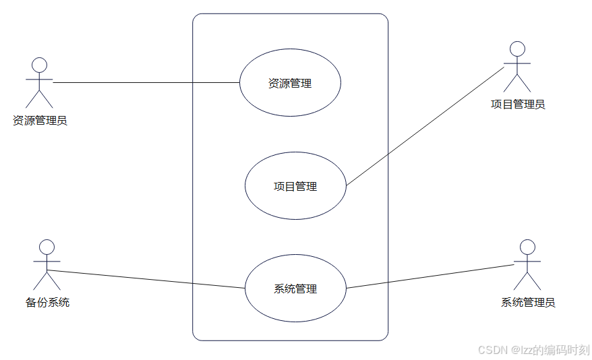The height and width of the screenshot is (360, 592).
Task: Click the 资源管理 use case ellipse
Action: click(x=290, y=84)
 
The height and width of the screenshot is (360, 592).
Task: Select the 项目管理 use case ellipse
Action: click(x=295, y=186)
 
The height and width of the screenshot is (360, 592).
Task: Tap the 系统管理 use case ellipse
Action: click(x=295, y=289)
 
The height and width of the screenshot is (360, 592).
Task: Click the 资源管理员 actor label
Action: click(x=40, y=121)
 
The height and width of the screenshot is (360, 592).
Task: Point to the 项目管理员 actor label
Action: click(x=518, y=104)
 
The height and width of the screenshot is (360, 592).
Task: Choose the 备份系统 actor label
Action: click(x=47, y=302)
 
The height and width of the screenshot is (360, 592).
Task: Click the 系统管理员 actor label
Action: click(x=528, y=303)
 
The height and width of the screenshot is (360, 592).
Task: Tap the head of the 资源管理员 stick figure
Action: click(x=40, y=65)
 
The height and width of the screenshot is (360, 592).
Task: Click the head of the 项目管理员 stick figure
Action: click(x=517, y=49)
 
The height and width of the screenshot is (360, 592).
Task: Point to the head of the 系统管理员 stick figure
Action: click(x=528, y=247)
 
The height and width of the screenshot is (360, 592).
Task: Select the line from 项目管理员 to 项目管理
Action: click(x=425, y=125)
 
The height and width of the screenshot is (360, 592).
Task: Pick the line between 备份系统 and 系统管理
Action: click(x=145, y=279)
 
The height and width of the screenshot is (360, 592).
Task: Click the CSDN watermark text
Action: click(x=533, y=350)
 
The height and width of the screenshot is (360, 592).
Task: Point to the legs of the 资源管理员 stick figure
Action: click(x=40, y=99)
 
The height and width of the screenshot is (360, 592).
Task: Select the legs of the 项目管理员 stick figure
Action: click(x=517, y=83)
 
